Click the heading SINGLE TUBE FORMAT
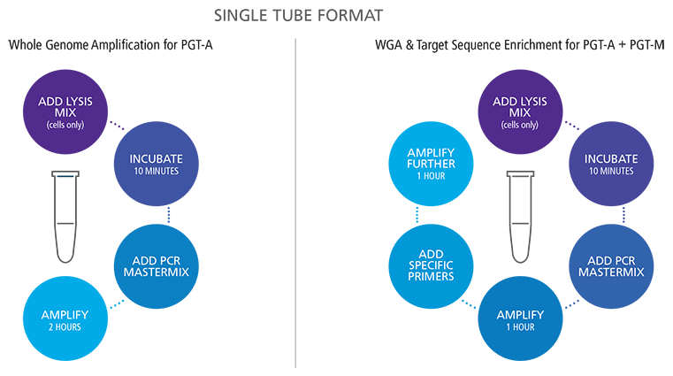tap(337, 15)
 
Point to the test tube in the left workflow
tap(66, 216)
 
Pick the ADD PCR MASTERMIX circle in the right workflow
tap(609, 263)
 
